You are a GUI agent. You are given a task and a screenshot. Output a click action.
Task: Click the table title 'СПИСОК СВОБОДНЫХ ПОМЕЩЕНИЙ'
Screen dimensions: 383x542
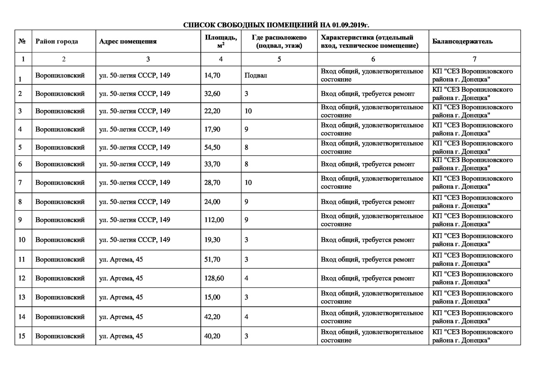click(279, 25)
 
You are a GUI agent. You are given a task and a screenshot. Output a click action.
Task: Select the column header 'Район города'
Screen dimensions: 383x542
click(57, 41)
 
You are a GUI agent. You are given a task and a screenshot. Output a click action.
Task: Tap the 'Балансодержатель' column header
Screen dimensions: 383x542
click(462, 41)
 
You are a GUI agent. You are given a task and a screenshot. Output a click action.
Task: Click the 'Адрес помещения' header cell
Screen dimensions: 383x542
click(128, 41)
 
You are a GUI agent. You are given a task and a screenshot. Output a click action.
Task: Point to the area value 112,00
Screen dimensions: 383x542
click(214, 220)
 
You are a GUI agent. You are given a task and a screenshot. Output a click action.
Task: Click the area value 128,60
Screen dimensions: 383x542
click(214, 278)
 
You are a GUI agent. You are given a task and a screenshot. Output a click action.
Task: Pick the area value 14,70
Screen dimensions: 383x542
click(212, 75)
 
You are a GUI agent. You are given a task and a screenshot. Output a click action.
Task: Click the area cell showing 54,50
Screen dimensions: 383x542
click(212, 147)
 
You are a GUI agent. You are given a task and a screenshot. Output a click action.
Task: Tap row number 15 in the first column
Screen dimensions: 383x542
click(22, 336)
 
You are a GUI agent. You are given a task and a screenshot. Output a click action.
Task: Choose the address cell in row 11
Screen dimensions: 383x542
click(121, 259)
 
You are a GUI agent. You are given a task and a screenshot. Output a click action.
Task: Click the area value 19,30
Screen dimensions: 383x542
click(212, 240)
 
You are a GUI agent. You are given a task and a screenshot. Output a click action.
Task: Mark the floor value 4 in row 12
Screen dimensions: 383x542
click(246, 278)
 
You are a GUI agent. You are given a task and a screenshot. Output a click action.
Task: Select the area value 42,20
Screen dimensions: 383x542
click(212, 317)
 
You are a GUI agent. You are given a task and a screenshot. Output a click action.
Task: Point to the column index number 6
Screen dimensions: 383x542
click(373, 59)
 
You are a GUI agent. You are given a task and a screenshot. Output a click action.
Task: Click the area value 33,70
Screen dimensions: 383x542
click(212, 164)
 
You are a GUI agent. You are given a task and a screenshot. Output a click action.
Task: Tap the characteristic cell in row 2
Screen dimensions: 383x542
click(368, 94)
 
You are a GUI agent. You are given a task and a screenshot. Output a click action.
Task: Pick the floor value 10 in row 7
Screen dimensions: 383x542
click(248, 183)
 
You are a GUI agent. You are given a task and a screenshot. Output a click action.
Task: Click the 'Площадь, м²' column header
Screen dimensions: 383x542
click(221, 41)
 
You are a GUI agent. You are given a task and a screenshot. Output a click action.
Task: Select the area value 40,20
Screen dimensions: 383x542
click(212, 336)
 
